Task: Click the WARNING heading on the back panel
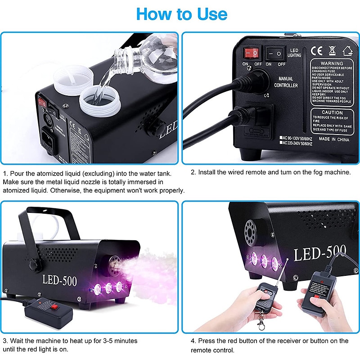point(332,63)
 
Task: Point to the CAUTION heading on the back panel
point(332,112)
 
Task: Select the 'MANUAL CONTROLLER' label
point(286,82)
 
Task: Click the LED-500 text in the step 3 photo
point(59,280)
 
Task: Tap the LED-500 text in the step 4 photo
point(319,253)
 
